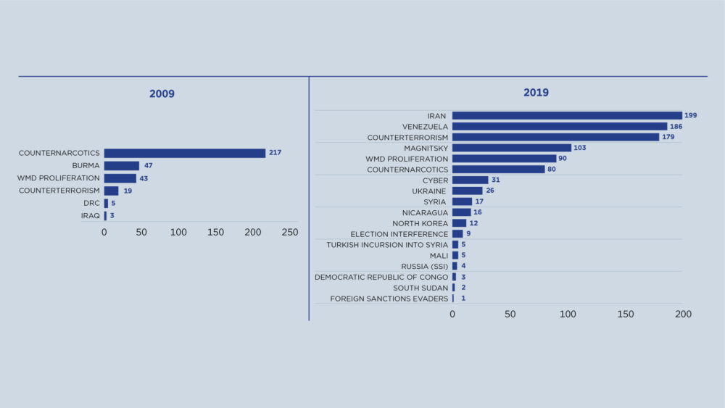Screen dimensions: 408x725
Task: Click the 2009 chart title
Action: (162, 93)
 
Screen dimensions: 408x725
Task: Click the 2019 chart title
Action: (536, 93)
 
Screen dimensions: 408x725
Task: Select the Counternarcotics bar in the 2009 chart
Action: (184, 153)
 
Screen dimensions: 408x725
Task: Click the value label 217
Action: (275, 153)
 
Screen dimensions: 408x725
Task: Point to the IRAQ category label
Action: (90, 216)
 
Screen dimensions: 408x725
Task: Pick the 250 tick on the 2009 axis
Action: (289, 233)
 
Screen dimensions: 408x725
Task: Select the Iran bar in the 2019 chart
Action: (566, 115)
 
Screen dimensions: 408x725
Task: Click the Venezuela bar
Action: (559, 126)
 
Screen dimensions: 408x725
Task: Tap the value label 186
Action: (676, 126)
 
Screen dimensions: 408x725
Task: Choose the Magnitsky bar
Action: (511, 148)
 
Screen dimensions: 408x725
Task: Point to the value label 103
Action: (579, 148)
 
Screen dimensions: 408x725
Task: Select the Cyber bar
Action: (470, 180)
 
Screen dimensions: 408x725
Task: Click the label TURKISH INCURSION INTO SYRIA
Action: (386, 245)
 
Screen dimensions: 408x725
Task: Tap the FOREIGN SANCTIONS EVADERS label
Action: (389, 299)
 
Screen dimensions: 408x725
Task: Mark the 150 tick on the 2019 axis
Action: (625, 315)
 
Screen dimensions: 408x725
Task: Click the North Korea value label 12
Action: (473, 223)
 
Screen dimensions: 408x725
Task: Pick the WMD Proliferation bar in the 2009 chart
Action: (120, 178)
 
